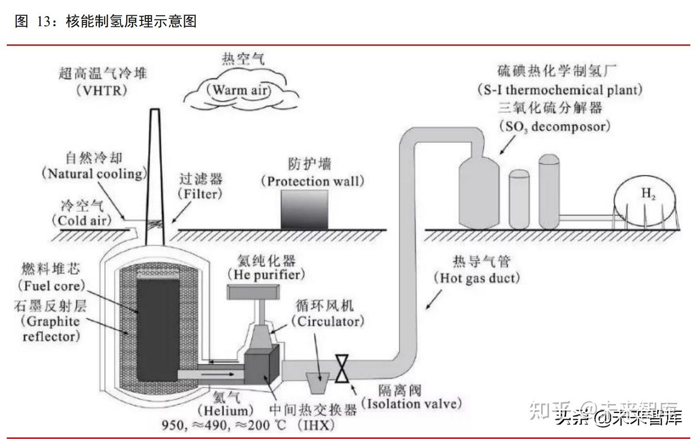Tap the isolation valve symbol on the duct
click(x=342, y=368)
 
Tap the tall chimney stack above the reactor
click(x=155, y=173)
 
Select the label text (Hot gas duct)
click(x=477, y=278)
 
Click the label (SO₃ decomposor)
click(x=554, y=126)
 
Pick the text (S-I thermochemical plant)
click(x=559, y=89)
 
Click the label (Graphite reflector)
click(x=51, y=328)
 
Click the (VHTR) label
click(x=102, y=90)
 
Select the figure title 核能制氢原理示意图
click(x=131, y=21)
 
